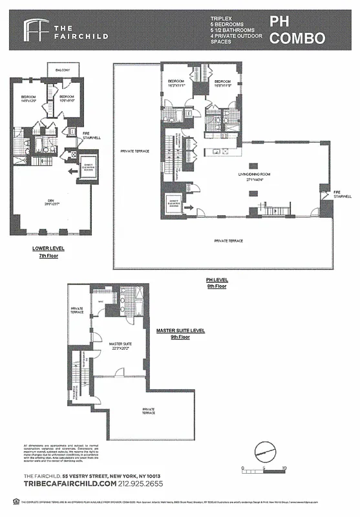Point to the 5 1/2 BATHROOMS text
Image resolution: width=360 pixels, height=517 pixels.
click(x=237, y=30)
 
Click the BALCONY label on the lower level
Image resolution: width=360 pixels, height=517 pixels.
click(x=63, y=70)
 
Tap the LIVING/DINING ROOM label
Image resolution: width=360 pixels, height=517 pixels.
click(x=253, y=175)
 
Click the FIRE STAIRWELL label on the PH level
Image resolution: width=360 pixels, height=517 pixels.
click(x=340, y=194)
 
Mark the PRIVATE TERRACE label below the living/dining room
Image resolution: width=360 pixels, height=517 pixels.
click(x=229, y=240)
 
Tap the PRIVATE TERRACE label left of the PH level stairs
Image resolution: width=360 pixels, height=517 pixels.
click(x=135, y=151)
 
